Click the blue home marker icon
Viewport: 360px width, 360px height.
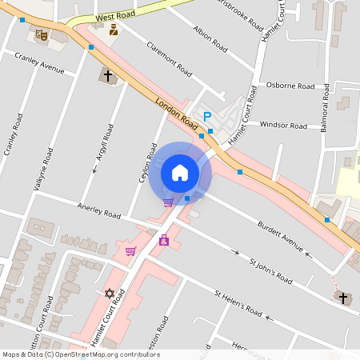pyautogui.click(x=180, y=172)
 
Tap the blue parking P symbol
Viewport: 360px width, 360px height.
pyautogui.click(x=208, y=117)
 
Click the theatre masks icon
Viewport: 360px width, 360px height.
pyautogui.click(x=41, y=34)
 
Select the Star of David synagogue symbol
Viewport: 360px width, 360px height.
pyautogui.click(x=110, y=293)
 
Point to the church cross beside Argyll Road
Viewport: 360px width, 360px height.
pyautogui.click(x=107, y=77)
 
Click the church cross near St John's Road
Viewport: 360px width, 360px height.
pyautogui.click(x=343, y=298)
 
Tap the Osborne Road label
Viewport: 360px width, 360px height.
pyautogui.click(x=290, y=86)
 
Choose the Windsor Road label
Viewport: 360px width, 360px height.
pyautogui.click(x=283, y=126)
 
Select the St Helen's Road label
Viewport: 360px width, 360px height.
pyautogui.click(x=238, y=302)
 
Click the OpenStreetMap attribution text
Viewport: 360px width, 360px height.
pyautogui.click(x=80, y=354)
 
